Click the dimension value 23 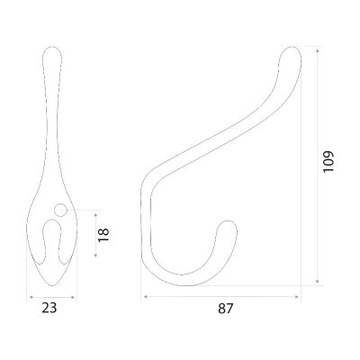pyautogui.click(x=49, y=308)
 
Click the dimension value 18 pyautogui.click(x=103, y=235)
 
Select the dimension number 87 pyautogui.click(x=226, y=309)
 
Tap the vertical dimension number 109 pyautogui.click(x=328, y=161)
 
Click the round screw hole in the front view pyautogui.click(x=60, y=210)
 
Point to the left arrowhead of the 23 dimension pyautogui.click(x=31, y=297)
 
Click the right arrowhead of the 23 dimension pyautogui.click(x=73, y=297)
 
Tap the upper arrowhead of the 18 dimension pyautogui.click(x=95, y=215)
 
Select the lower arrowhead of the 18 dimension pyautogui.click(x=95, y=255)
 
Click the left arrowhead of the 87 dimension pyautogui.click(x=146, y=297)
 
